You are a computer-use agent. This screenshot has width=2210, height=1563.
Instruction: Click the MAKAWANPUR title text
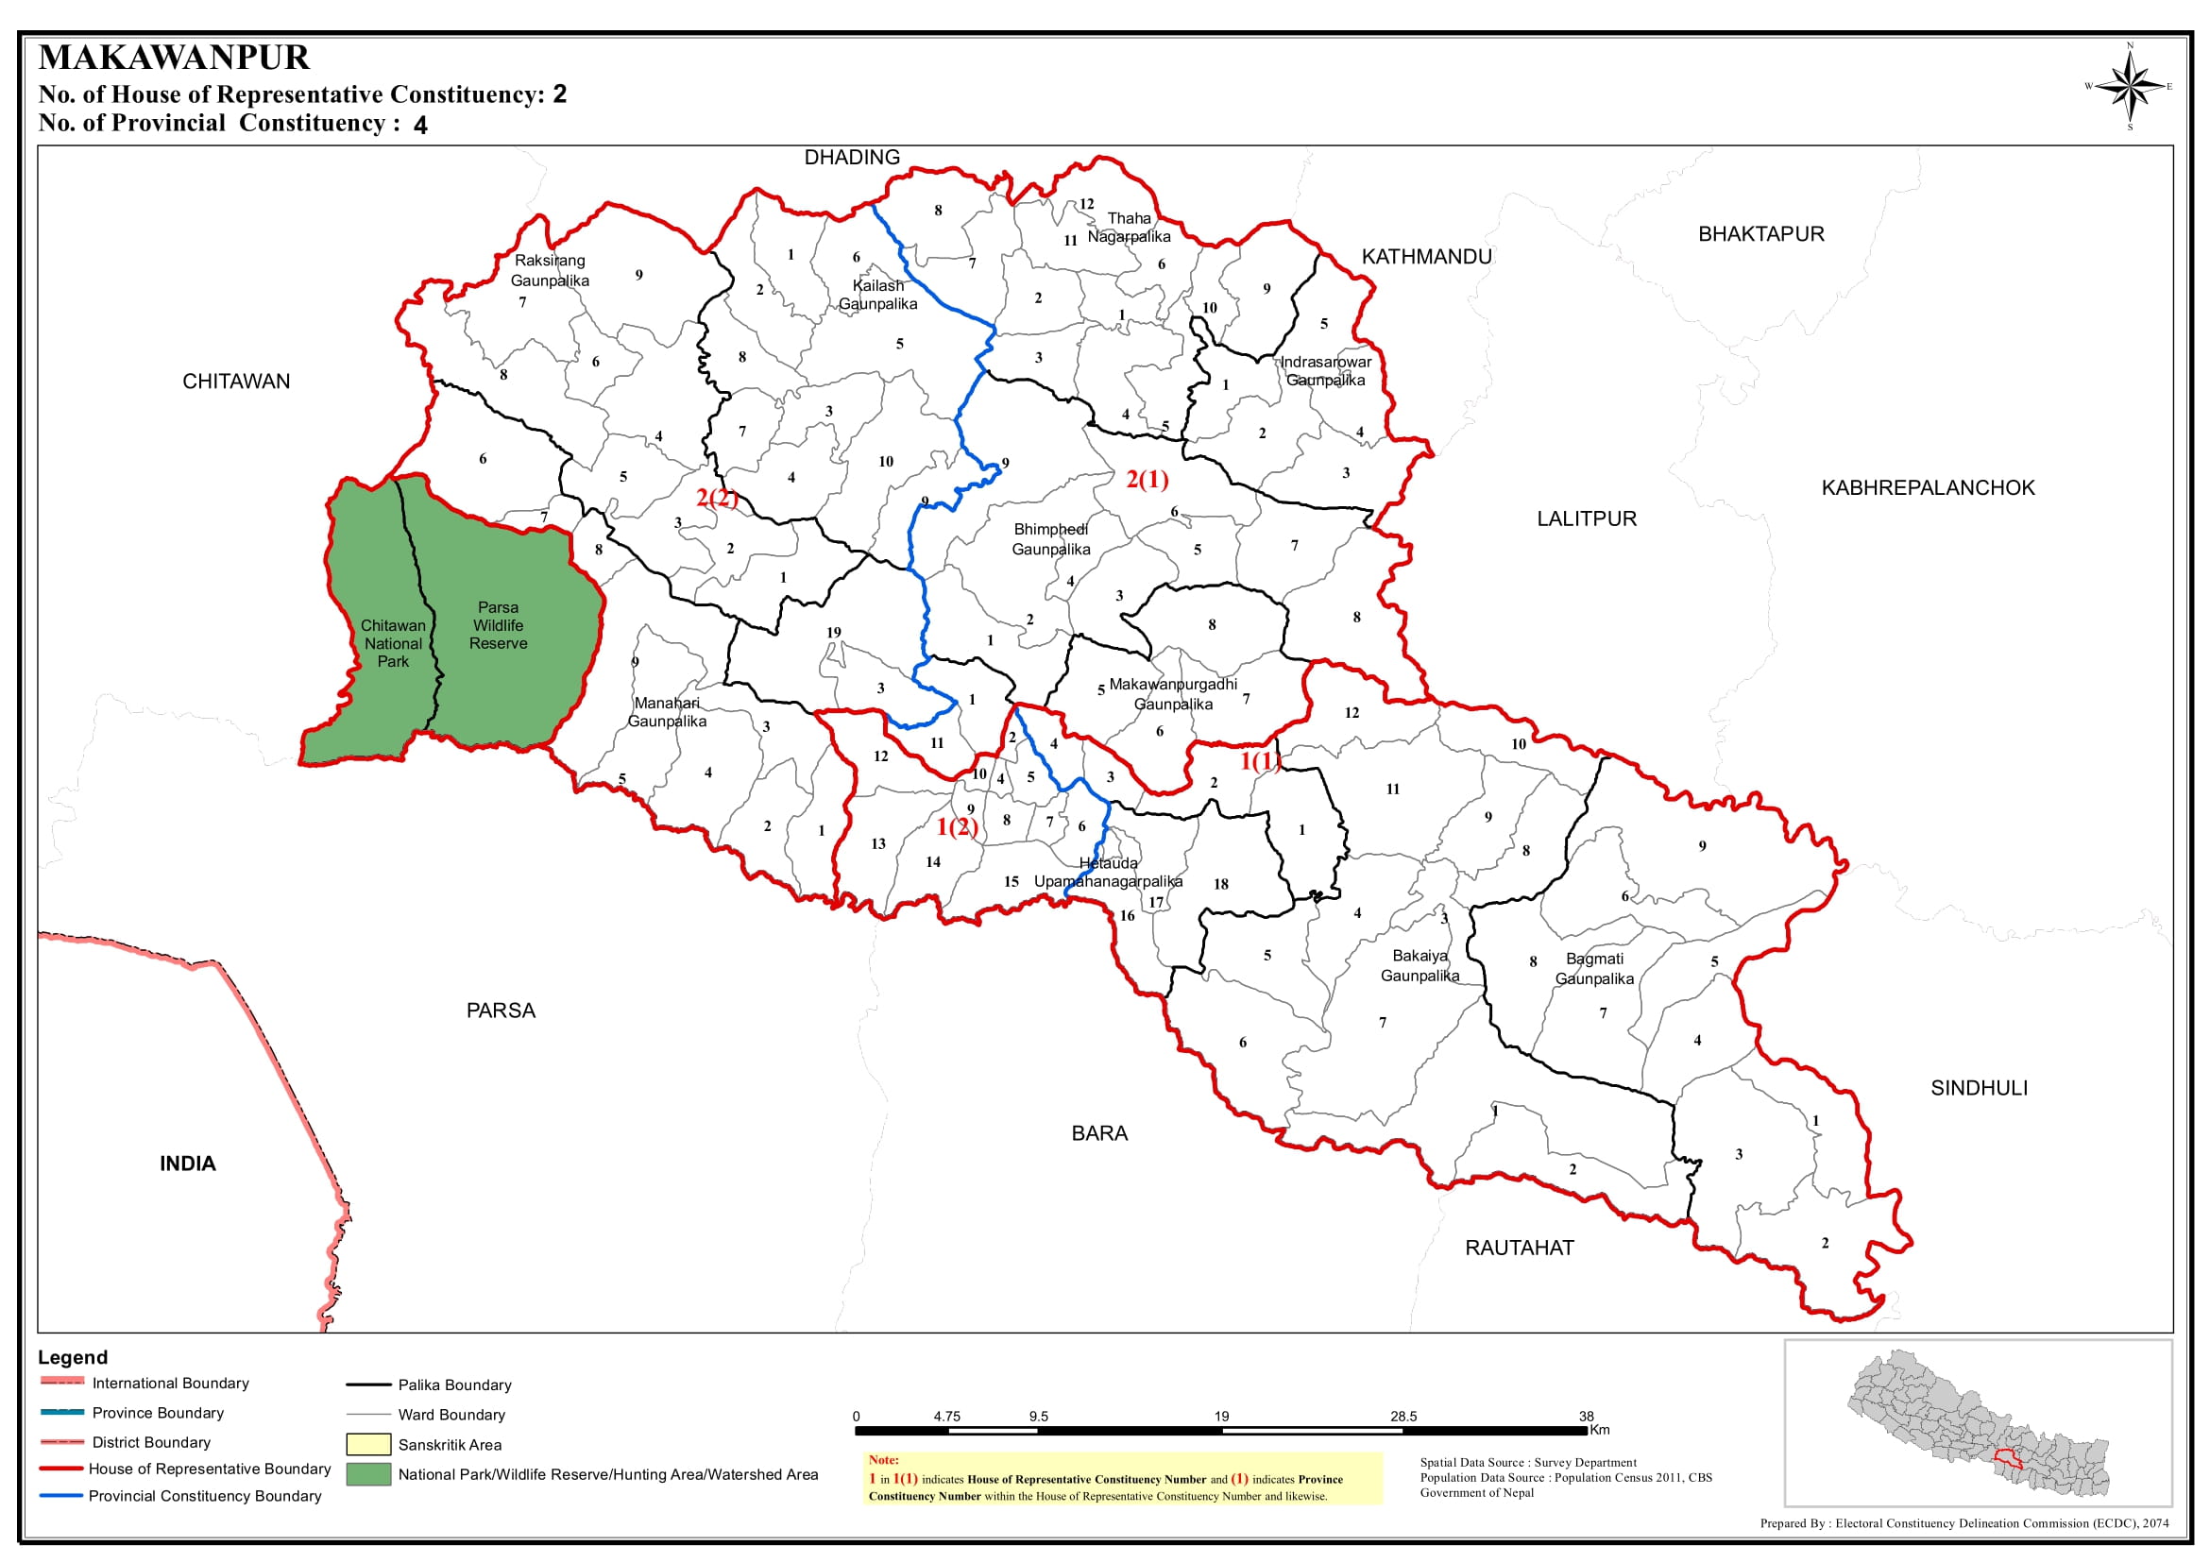coord(174,58)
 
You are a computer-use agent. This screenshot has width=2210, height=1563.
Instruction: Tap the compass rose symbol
coord(2130,87)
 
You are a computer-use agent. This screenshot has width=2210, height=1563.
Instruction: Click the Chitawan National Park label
coord(393,643)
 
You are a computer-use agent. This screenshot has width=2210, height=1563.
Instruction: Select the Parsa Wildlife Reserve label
coord(498,625)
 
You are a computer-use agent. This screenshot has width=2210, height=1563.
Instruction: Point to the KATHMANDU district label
coord(1425,257)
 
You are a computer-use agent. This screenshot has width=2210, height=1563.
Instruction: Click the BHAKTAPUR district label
coord(1760,234)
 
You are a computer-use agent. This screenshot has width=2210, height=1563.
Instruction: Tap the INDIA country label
coord(188,1164)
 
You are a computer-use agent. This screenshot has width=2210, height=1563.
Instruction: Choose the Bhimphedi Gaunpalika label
coord(1050,539)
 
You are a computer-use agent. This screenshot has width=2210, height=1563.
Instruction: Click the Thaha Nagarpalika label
coord(1129,228)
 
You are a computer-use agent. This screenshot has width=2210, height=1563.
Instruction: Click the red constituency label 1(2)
coord(957,826)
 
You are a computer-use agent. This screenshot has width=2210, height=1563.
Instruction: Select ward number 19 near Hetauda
coord(834,633)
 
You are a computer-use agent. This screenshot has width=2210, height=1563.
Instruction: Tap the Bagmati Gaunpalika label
coord(1594,968)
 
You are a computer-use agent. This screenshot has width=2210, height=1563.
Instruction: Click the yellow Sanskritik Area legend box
coord(367,1445)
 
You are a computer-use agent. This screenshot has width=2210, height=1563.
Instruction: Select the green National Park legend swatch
coord(367,1474)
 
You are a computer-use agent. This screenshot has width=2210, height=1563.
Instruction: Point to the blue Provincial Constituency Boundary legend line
coord(61,1496)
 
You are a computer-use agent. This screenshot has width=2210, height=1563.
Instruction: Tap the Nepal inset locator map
coord(1977,1422)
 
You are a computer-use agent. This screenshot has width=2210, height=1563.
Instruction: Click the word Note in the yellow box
coord(883,1460)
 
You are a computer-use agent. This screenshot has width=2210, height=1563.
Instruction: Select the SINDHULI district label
coord(1978,1088)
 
